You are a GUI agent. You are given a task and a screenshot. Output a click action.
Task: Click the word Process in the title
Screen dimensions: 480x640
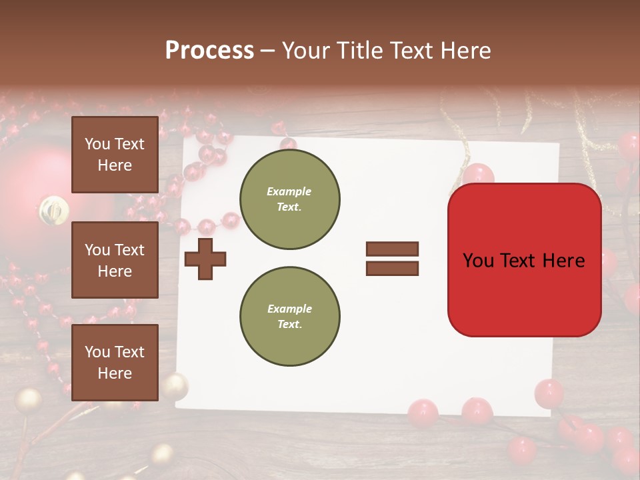pos(209,51)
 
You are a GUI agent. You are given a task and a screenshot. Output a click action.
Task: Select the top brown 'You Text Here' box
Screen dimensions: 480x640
pos(115,155)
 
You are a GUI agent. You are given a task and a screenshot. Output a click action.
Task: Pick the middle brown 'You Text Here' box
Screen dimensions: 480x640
pos(115,260)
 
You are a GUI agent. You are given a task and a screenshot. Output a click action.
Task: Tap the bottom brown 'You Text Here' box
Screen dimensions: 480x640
pos(115,363)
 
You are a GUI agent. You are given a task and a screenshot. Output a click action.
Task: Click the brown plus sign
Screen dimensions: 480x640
pos(205,259)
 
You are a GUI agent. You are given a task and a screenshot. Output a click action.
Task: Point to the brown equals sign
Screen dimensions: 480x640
pos(392,259)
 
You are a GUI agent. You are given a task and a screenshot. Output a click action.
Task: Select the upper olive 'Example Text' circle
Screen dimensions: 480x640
pos(290,199)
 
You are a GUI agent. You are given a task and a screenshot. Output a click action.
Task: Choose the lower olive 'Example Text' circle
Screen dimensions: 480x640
pos(290,317)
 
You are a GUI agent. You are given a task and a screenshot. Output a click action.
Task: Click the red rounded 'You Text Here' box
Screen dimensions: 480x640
pos(524,260)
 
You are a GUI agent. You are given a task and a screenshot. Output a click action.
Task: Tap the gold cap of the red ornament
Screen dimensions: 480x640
pos(53,210)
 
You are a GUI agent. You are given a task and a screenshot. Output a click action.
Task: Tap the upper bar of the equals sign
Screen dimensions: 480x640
pos(392,249)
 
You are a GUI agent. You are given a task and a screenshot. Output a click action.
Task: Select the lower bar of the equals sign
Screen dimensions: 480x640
pos(392,269)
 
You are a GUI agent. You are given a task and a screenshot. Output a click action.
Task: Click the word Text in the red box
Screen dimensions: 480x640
pos(523,260)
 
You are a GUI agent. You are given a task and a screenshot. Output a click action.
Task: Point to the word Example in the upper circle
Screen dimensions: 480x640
pos(289,191)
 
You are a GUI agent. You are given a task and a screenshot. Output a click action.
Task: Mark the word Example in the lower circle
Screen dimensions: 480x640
pos(289,309)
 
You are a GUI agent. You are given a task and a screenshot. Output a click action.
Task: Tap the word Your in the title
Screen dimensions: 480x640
pos(303,51)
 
